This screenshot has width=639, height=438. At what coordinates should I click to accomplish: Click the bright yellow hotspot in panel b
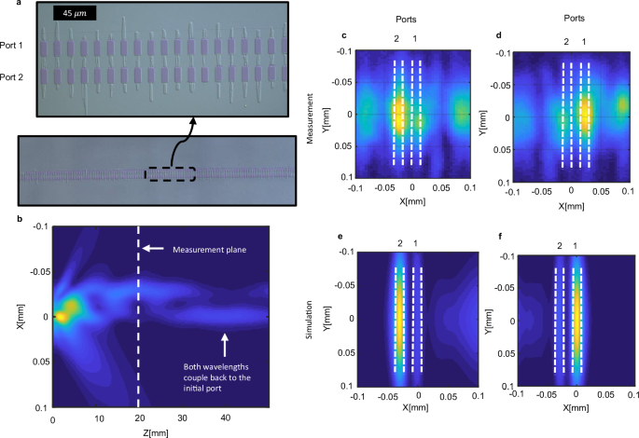click(x=61, y=316)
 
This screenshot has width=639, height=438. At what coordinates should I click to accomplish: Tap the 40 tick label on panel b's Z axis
click(x=226, y=419)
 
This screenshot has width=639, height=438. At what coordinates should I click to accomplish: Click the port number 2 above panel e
click(x=398, y=244)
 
